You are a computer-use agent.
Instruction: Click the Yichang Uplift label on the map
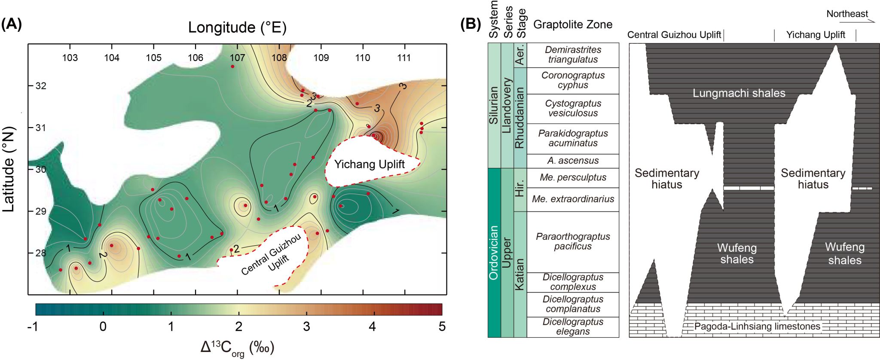tap(369, 164)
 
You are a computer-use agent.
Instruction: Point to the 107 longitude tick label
tap(237, 58)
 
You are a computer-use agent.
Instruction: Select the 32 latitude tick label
tap(41, 86)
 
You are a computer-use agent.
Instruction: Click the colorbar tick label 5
tap(442, 327)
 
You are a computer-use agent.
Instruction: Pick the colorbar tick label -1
tap(33, 327)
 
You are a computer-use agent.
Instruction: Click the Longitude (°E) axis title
tap(237, 27)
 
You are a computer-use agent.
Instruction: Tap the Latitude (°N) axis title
tap(9, 169)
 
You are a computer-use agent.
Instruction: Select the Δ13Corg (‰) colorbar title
tap(237, 347)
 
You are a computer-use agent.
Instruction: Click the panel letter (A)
tap(12, 24)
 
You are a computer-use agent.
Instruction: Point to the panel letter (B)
tap(471, 24)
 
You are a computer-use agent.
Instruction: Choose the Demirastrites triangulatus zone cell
tap(573, 55)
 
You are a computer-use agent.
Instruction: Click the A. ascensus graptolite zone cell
tap(573, 161)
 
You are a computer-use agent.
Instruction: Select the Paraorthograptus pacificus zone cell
tap(573, 241)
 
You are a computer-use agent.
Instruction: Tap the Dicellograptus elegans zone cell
tap(573, 326)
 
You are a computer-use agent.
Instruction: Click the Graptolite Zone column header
tap(573, 24)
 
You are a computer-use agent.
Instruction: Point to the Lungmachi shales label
tap(739, 93)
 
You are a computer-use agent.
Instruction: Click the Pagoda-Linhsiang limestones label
tap(757, 326)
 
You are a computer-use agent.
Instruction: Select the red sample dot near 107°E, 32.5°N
tap(232, 67)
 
